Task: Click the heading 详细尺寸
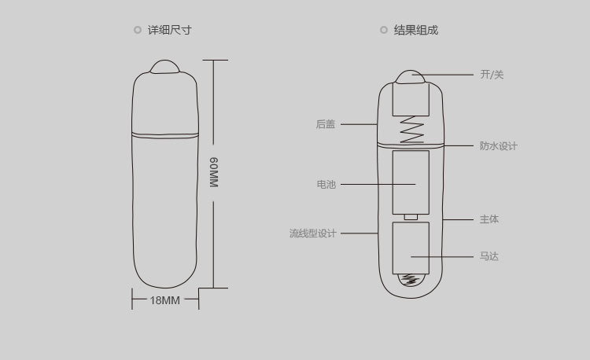pos(170,30)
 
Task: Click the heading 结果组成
pos(416,30)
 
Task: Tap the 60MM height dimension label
pos(214,172)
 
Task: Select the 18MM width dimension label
pos(165,300)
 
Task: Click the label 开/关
pos(492,75)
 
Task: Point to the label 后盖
pos(326,124)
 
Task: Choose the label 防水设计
pos(499,145)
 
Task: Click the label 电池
pos(326,184)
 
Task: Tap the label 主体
pos(489,219)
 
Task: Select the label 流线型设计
pos(312,233)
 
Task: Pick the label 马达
pos(489,256)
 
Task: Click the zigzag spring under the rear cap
pos(411,129)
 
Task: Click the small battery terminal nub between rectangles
pos(411,217)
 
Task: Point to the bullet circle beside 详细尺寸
pos(138,30)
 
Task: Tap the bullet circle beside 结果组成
pos(383,30)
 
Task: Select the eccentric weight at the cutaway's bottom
pos(411,280)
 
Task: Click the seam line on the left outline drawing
pos(165,134)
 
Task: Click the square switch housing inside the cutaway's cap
pos(411,99)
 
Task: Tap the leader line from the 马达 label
pos(442,257)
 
